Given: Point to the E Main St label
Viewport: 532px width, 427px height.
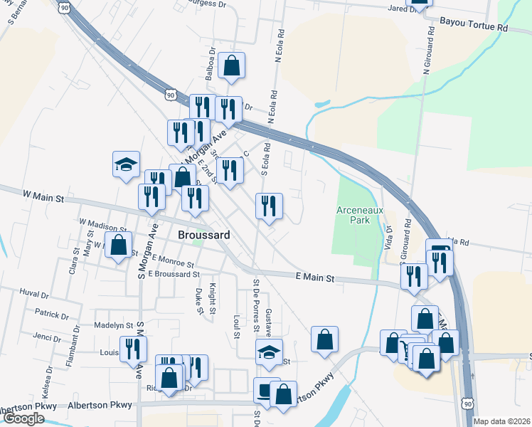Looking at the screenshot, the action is tap(315, 278).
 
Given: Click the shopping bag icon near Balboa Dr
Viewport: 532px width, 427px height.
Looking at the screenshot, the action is tap(231, 66).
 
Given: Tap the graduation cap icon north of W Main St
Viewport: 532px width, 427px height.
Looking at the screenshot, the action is tap(126, 165).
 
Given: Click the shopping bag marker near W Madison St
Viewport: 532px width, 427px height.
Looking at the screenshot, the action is tap(119, 246).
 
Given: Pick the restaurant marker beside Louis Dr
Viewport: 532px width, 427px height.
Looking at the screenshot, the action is tap(133, 348).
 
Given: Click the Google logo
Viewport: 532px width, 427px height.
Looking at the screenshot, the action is tap(24, 418).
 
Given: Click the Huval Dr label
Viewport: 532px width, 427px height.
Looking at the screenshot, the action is tap(34, 293).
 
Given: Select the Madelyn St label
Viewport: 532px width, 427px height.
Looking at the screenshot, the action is tap(114, 325).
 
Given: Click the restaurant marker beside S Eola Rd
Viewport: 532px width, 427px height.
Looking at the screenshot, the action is tap(269, 206).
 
